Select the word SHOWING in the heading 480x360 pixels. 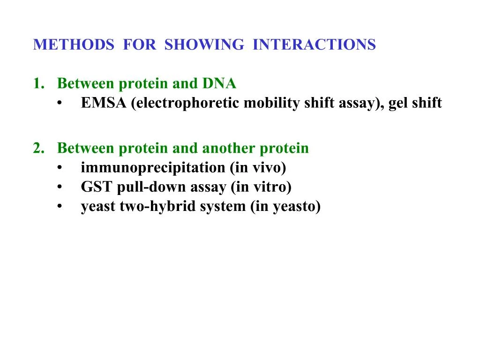tap(204, 45)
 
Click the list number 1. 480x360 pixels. tap(37, 84)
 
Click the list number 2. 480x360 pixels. tap(38, 149)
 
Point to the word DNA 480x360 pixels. tap(219, 84)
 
